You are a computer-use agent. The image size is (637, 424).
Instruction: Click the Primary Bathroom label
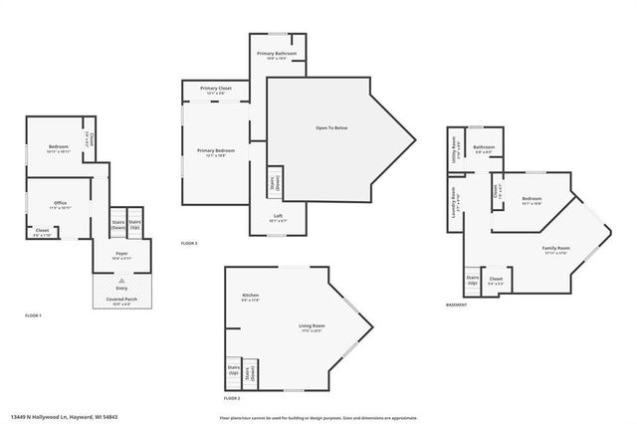(278, 55)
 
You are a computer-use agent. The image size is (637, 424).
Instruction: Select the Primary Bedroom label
(216, 152)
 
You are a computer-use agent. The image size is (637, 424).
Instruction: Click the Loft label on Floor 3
(278, 217)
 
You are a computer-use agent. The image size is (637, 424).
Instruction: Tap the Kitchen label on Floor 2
(250, 297)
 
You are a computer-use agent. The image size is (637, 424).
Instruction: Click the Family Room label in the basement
(555, 249)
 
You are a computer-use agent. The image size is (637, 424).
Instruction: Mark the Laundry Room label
(455, 196)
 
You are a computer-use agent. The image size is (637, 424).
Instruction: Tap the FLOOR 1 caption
(33, 315)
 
